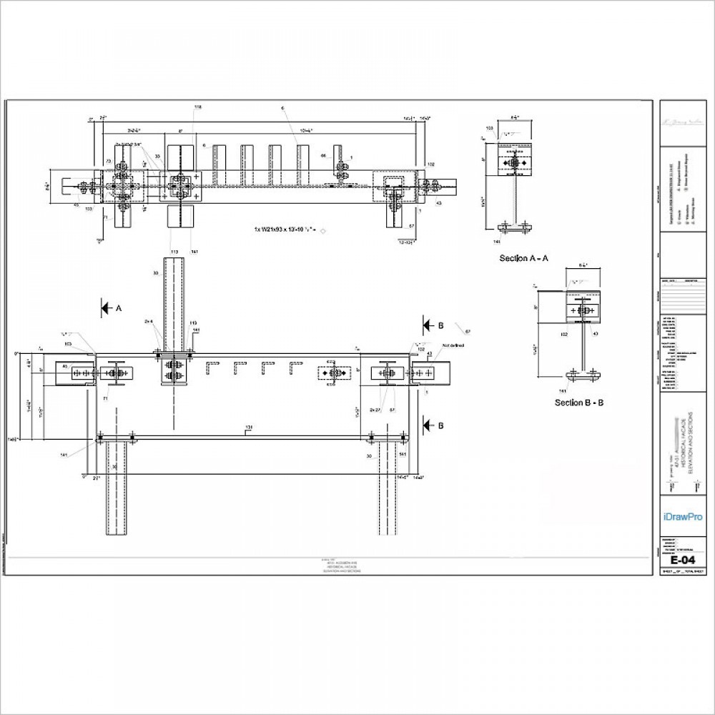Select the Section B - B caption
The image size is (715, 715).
(579, 403)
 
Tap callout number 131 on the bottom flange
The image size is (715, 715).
(249, 429)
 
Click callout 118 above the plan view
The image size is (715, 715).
(198, 107)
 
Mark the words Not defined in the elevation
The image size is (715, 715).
(453, 345)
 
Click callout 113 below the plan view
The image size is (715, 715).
(174, 252)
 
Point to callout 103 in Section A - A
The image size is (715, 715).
(490, 129)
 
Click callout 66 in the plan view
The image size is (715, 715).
(323, 155)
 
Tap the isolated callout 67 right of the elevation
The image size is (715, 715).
(468, 332)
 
